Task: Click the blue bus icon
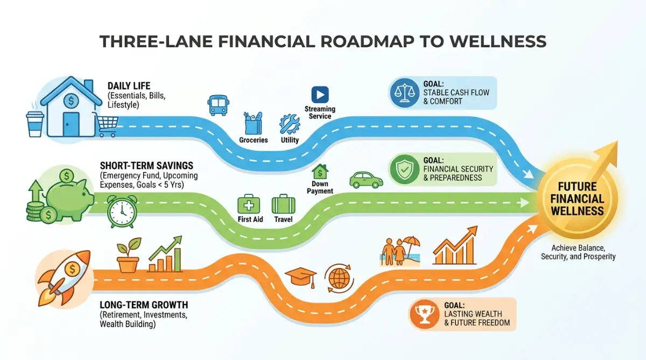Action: point(219,105)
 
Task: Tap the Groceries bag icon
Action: point(253,123)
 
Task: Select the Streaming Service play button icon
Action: point(320,95)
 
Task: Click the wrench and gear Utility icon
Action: point(290,124)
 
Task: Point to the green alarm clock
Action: point(122,211)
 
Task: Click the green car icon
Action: point(366,180)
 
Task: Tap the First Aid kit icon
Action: point(249,204)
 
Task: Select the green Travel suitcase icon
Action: point(283,204)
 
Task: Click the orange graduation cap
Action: point(301,277)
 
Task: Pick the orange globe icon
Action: point(339,278)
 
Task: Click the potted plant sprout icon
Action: point(128,255)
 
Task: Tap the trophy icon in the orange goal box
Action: point(424,314)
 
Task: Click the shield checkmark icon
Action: point(404,169)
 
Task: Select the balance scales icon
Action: point(405,93)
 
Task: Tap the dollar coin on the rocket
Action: point(72,269)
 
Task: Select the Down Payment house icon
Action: point(320,172)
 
